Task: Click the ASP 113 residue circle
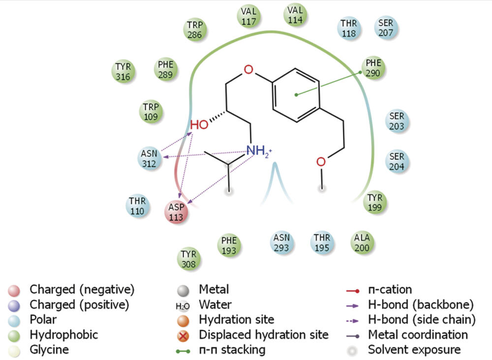176,212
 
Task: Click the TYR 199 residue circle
377,201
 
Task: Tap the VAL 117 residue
249,16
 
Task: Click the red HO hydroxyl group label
199,125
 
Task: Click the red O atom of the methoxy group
321,162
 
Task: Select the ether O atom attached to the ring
249,69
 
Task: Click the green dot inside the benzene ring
296,94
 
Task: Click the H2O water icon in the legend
183,305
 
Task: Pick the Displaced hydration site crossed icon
183,335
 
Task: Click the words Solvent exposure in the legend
414,350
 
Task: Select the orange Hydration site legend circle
183,320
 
